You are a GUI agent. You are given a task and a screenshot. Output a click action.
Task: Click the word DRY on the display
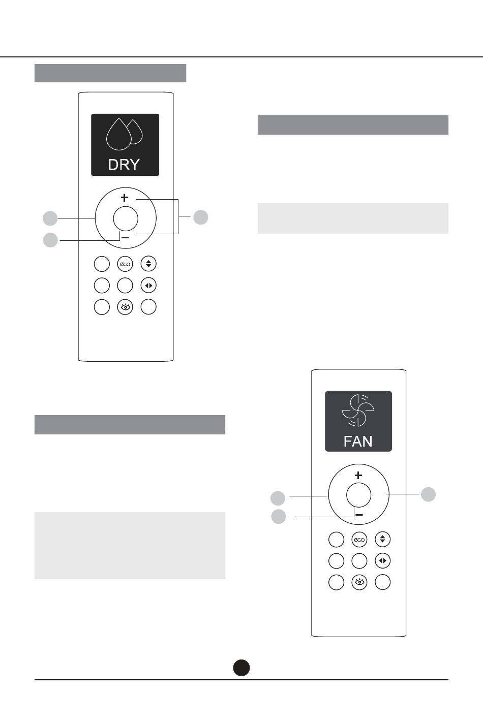click(124, 165)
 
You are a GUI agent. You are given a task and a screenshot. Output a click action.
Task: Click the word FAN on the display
click(358, 441)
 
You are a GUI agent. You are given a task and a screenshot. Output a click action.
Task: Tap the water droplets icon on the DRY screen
click(124, 134)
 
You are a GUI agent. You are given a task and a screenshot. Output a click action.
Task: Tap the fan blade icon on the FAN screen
click(358, 410)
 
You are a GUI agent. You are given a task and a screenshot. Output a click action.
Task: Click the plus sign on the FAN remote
click(358, 475)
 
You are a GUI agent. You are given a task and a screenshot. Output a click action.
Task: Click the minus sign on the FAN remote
click(359, 515)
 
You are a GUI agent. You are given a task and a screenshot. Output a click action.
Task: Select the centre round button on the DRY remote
click(126, 218)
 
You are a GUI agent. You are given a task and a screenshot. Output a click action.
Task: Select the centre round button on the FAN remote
click(358, 495)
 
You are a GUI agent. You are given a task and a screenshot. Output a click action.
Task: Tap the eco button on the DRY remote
click(125, 264)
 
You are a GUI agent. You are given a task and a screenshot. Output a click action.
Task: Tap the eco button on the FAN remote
click(359, 540)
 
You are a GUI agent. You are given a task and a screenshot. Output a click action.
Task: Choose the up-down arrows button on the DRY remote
click(148, 264)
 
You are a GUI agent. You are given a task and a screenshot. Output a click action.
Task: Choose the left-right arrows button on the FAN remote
click(382, 561)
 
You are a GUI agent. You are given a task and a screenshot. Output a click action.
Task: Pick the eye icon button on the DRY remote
click(125, 307)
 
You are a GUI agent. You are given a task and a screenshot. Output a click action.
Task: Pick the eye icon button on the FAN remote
click(359, 582)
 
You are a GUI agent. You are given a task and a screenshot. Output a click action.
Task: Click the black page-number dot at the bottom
click(242, 668)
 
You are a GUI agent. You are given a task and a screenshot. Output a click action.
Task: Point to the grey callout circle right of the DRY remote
click(201, 217)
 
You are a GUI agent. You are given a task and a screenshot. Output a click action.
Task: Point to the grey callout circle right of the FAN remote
click(428, 494)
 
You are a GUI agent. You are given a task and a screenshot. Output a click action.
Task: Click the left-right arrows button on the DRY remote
click(148, 286)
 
